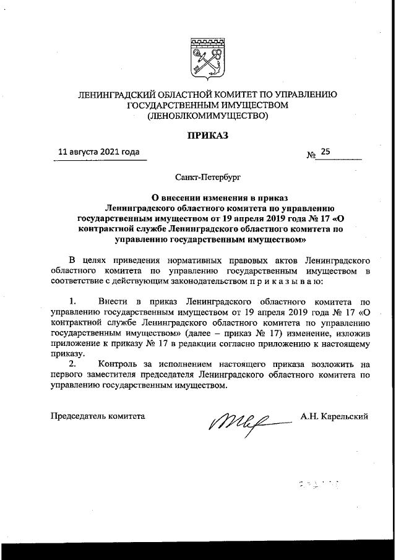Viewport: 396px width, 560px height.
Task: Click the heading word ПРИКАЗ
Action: click(207, 134)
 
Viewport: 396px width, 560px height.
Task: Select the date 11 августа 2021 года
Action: click(98, 151)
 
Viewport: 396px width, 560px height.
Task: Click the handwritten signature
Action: click(244, 420)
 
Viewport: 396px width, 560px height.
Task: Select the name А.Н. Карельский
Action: click(335, 416)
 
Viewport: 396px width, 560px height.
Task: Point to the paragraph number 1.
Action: click(72, 301)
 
